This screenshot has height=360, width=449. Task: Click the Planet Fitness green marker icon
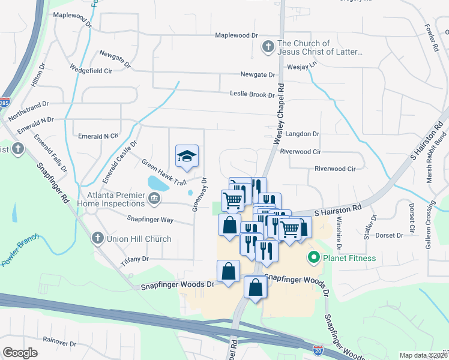(x=313, y=259)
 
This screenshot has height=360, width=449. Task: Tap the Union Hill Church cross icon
(x=97, y=239)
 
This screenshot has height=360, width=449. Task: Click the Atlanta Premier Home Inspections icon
(x=154, y=198)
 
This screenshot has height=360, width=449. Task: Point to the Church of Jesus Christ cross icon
(x=268, y=46)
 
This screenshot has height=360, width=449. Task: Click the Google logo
(x=20, y=352)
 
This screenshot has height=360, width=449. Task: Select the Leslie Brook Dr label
(x=252, y=94)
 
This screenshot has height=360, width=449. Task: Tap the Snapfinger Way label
(x=150, y=220)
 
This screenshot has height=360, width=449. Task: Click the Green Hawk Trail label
(x=164, y=172)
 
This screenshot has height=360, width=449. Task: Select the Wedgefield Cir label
(x=91, y=70)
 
